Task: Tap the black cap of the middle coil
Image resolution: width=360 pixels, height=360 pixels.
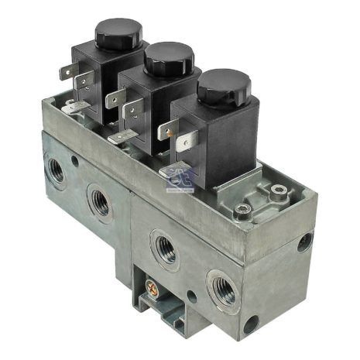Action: click(169, 57)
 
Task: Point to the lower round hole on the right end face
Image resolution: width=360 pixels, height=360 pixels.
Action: click(252, 324)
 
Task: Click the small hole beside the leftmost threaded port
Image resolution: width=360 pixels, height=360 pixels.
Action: click(76, 161)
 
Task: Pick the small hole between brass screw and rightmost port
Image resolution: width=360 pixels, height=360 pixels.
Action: click(191, 295)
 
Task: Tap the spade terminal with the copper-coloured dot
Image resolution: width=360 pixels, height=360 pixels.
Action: click(183, 144)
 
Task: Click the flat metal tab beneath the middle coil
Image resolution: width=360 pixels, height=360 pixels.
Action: click(122, 136)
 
